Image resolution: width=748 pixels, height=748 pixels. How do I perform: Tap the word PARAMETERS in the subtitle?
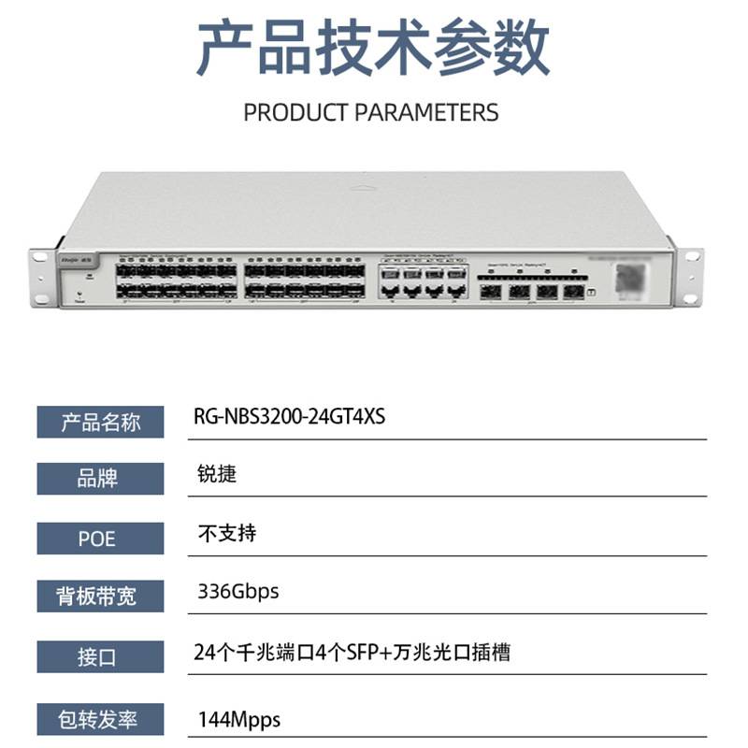(x=427, y=113)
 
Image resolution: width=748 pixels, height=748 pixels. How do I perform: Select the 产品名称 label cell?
(x=100, y=423)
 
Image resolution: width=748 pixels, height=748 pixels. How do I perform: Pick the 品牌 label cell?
(x=100, y=480)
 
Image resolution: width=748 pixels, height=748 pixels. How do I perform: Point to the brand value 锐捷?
(x=218, y=475)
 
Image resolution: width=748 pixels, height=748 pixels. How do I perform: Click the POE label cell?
(x=100, y=538)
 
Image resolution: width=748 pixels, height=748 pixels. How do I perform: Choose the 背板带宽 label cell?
(x=100, y=596)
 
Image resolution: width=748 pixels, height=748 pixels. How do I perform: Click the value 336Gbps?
(x=238, y=592)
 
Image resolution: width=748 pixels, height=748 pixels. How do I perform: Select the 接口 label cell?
(x=100, y=655)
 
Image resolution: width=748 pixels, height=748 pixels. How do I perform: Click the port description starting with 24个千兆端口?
(x=354, y=652)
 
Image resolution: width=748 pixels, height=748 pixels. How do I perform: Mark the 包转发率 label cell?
(x=100, y=719)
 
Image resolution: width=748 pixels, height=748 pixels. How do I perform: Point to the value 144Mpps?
(x=239, y=720)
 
